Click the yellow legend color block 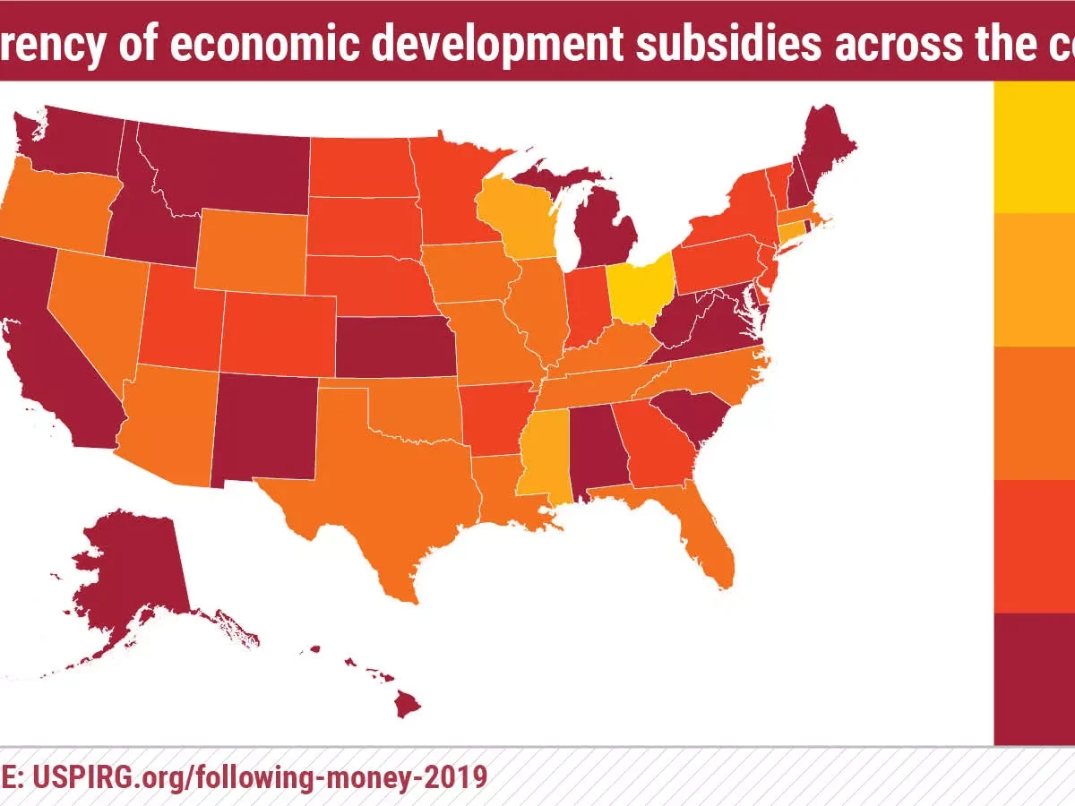point(1034,147)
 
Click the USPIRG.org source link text point(260,776)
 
